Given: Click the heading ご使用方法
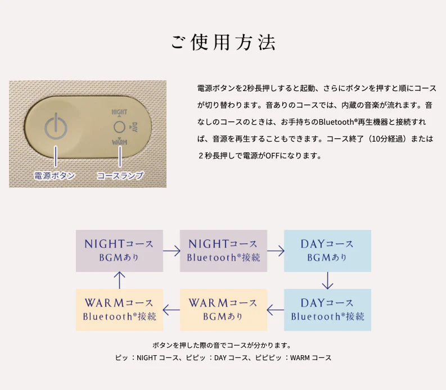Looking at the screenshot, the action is (x=223, y=43).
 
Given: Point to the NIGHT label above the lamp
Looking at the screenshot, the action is (x=119, y=112).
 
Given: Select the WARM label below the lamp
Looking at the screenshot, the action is (x=119, y=142).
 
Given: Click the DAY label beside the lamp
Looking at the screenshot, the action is (x=134, y=127).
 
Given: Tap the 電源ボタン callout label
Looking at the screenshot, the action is (x=55, y=176).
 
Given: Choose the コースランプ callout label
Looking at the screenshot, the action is (x=120, y=176).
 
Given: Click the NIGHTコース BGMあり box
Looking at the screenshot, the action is (x=119, y=251).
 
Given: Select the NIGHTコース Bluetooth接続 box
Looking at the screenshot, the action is (x=224, y=251).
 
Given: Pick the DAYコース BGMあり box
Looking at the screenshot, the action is (x=327, y=251).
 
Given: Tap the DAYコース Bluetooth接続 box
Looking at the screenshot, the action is (x=327, y=310).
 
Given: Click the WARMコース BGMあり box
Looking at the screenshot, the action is (x=224, y=310).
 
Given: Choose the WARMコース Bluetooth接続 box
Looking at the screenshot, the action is (x=119, y=310).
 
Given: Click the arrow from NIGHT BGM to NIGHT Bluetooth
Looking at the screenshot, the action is (x=172, y=251).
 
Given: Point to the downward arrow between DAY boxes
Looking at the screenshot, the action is (x=327, y=280).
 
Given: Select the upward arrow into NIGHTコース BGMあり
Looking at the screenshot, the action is (x=119, y=280).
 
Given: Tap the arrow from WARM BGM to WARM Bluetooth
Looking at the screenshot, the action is (x=171, y=310).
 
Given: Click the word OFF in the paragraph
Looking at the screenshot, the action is (x=272, y=156).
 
